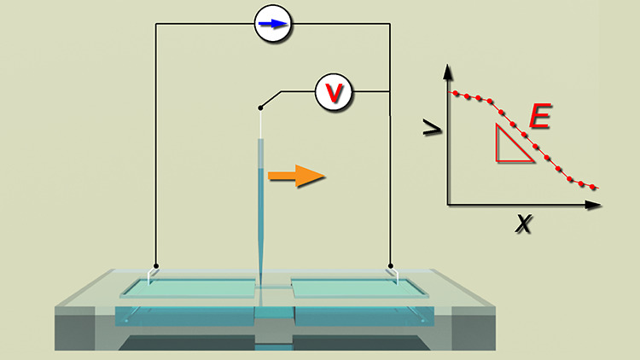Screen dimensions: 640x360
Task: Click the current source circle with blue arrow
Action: pyautogui.click(x=273, y=25)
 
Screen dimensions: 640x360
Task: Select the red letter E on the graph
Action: pyautogui.click(x=540, y=116)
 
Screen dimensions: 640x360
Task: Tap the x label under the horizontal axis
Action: pyautogui.click(x=522, y=224)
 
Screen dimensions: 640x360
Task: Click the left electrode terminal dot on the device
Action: pyautogui.click(x=155, y=265)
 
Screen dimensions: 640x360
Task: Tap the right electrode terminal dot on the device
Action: pyautogui.click(x=390, y=265)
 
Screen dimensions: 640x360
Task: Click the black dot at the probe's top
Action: pyautogui.click(x=259, y=107)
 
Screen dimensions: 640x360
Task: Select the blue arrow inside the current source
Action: pyautogui.click(x=273, y=25)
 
